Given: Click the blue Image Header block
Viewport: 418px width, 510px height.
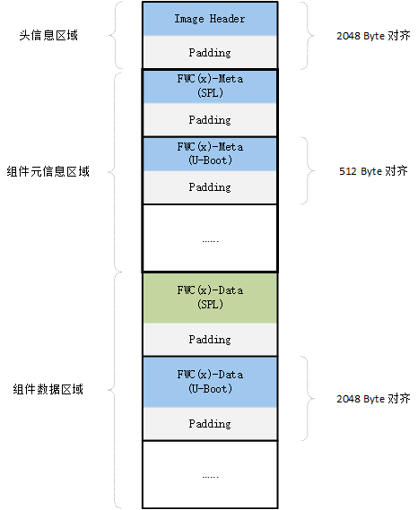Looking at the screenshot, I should point(209,19).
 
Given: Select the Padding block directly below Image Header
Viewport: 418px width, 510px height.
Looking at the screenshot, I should point(209,53).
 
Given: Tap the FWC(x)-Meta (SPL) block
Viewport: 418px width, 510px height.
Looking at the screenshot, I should point(209,86).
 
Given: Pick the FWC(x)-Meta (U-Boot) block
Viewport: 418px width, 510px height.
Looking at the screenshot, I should point(209,153).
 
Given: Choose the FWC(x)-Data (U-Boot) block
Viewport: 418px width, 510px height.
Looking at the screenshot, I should point(209,381).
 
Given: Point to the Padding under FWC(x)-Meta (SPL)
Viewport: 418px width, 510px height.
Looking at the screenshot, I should point(209,120).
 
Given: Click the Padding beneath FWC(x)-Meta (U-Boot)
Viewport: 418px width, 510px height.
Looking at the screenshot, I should point(209,187).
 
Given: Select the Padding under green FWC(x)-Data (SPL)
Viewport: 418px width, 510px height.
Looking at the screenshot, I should point(209,341).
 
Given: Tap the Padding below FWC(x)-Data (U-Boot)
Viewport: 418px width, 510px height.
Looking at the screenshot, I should point(209,424).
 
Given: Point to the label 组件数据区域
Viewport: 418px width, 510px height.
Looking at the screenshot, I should point(48,390).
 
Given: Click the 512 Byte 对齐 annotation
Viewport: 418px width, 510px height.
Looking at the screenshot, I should point(371,171).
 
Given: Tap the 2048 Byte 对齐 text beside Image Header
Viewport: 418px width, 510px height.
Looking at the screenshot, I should point(372,37).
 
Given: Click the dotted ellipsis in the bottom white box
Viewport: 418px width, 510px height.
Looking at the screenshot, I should point(209,475).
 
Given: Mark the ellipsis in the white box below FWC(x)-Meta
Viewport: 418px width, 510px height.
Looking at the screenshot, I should point(209,239).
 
